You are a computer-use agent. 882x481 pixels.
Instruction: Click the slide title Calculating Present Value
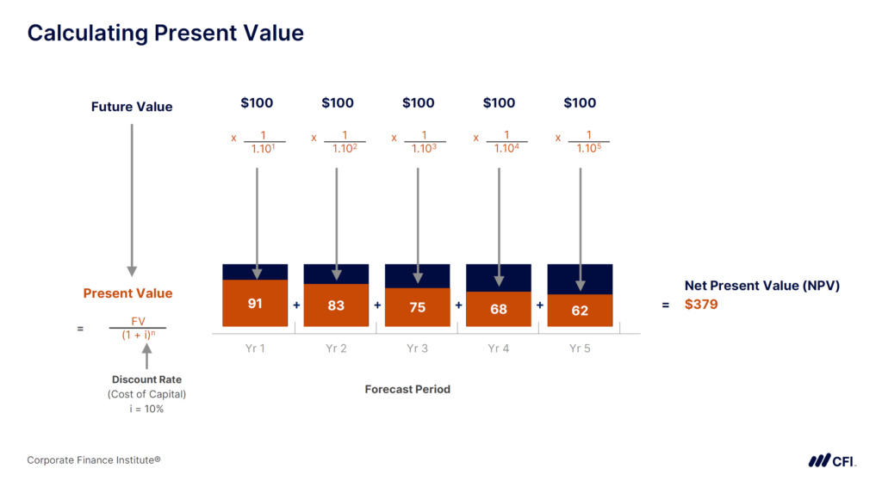click(x=165, y=34)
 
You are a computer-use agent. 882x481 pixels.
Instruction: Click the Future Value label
click(x=132, y=108)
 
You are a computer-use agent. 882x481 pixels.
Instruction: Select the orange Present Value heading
click(x=127, y=293)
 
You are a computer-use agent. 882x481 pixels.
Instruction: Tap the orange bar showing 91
click(x=255, y=304)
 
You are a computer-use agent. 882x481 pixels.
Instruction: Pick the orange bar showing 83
click(x=336, y=305)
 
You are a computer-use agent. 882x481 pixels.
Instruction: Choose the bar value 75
click(x=417, y=307)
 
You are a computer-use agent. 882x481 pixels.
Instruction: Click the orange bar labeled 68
click(x=498, y=309)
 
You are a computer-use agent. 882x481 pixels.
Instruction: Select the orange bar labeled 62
click(x=580, y=311)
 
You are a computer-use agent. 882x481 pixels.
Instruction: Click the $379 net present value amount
click(x=701, y=304)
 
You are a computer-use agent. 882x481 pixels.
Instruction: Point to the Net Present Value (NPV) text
click(x=761, y=286)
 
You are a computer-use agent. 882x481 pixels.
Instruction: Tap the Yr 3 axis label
click(x=417, y=348)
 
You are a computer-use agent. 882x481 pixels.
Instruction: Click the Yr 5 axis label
click(x=580, y=348)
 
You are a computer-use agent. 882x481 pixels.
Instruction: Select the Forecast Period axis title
click(x=407, y=389)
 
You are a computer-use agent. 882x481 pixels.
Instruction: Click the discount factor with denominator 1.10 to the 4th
click(x=505, y=141)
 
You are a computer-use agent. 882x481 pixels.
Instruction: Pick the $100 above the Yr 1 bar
click(x=256, y=103)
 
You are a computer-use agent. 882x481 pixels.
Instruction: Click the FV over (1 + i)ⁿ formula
click(x=138, y=328)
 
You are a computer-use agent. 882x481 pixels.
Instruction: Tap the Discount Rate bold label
click(x=146, y=379)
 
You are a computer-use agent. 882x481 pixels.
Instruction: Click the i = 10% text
click(x=146, y=410)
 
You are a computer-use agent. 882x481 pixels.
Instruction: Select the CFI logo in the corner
click(x=831, y=460)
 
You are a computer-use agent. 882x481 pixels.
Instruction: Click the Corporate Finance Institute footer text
click(x=94, y=460)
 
